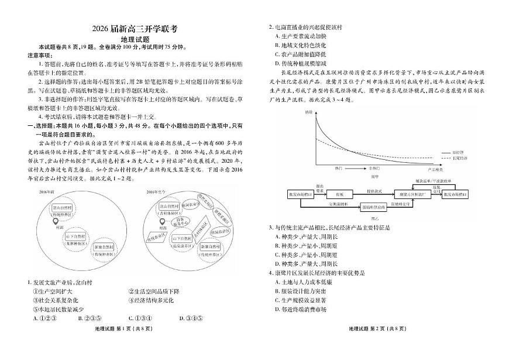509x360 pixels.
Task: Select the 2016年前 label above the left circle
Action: [47, 191]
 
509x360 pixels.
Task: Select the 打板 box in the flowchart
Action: [339, 194]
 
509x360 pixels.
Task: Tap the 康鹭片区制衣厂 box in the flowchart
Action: [411, 194]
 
